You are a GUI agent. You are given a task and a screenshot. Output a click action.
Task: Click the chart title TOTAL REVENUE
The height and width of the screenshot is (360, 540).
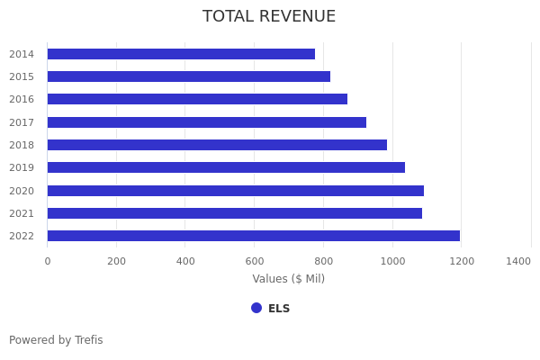pyautogui.click(x=269, y=17)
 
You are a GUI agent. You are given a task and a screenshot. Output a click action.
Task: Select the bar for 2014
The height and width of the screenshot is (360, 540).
pyautogui.click(x=181, y=54)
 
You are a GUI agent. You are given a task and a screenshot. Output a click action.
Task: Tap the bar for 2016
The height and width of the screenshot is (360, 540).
pyautogui.click(x=197, y=99)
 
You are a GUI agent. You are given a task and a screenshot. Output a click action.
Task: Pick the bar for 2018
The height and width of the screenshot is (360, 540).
pyautogui.click(x=217, y=145)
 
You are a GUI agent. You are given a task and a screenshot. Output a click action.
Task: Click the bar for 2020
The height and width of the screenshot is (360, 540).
pyautogui.click(x=235, y=191)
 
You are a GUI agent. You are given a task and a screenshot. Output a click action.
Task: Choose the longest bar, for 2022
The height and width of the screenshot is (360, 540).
pyautogui.click(x=253, y=236)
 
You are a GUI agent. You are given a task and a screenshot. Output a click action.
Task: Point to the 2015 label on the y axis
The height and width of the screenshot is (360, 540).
pyautogui.click(x=22, y=76)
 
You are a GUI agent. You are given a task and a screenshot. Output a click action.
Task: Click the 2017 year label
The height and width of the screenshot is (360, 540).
pyautogui.click(x=22, y=122)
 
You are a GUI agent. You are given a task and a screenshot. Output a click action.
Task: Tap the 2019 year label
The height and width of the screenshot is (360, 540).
pyautogui.click(x=22, y=167)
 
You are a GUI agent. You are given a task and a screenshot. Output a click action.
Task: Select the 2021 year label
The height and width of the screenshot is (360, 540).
pyautogui.click(x=22, y=213)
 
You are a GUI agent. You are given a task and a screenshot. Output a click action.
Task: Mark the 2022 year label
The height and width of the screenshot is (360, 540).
pyautogui.click(x=22, y=236)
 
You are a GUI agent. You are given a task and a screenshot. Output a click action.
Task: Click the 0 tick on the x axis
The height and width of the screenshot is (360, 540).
pyautogui.click(x=48, y=261)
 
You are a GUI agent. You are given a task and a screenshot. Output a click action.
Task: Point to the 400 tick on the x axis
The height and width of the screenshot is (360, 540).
pyautogui.click(x=185, y=261)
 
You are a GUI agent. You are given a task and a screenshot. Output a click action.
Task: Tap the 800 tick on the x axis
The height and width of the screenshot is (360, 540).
pyautogui.click(x=323, y=261)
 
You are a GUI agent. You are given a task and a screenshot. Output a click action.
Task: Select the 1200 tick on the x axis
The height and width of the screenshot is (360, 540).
pyautogui.click(x=462, y=261)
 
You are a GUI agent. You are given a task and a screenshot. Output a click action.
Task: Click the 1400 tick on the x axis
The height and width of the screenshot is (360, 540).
pyautogui.click(x=518, y=261)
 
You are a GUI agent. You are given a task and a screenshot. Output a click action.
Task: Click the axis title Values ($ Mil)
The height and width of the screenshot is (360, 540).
pyautogui.click(x=288, y=279)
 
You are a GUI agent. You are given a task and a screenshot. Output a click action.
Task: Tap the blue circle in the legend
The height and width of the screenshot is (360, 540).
pyautogui.click(x=256, y=308)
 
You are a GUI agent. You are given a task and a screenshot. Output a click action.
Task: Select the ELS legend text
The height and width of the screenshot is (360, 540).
pyautogui.click(x=279, y=309)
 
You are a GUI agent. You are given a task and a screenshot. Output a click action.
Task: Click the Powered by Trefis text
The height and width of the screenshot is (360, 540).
pyautogui.click(x=56, y=340)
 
